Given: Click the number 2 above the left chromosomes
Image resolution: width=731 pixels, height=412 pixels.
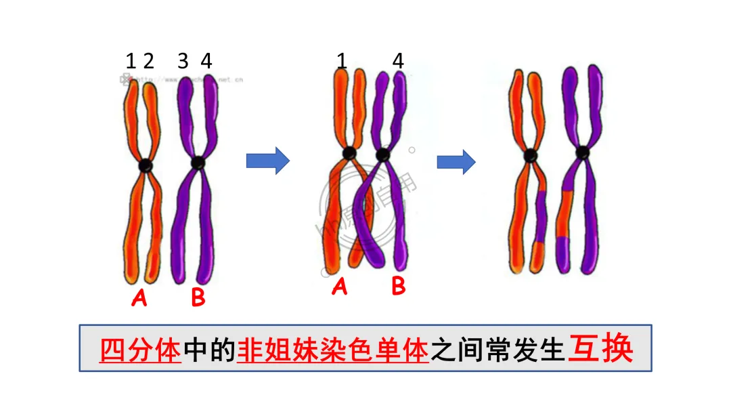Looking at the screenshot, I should pos(148,62).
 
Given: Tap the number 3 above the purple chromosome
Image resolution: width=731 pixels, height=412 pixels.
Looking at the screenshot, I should pos(183,62).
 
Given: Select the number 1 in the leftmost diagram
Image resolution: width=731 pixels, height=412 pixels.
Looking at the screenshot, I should pos(131,62).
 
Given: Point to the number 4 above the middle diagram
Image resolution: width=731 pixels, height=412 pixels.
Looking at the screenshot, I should pos(398,62).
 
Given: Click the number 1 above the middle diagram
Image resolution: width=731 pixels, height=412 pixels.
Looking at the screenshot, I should pos(342,62).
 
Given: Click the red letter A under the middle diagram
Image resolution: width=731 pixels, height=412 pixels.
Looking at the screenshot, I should pos(340,287).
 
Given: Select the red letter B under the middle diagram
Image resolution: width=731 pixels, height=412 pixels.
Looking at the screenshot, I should pos(399,287).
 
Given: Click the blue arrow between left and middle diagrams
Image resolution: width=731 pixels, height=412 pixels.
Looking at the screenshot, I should pos(267,161).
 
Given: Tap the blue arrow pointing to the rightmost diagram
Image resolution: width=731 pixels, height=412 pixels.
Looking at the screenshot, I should pos(456,161).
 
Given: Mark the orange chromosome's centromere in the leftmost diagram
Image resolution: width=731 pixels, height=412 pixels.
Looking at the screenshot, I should pos(146,165).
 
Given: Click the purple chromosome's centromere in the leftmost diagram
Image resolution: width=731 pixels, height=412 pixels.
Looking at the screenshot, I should pos(198,163).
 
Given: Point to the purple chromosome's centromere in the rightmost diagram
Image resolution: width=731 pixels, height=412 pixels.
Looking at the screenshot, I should pos(582,152).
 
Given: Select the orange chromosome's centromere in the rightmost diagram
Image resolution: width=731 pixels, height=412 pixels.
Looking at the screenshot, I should pos(531,155).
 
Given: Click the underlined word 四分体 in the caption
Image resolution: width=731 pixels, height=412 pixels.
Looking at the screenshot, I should pos(140,350).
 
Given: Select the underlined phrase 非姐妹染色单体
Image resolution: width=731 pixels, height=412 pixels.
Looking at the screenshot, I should pos(333,350).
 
